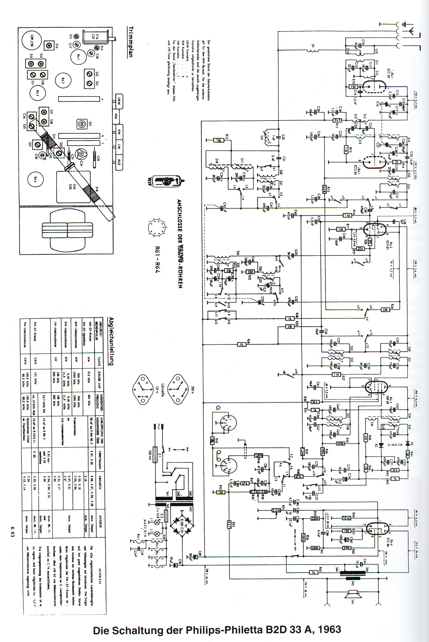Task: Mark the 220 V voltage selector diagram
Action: (177, 385)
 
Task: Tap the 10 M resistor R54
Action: (346, 518)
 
